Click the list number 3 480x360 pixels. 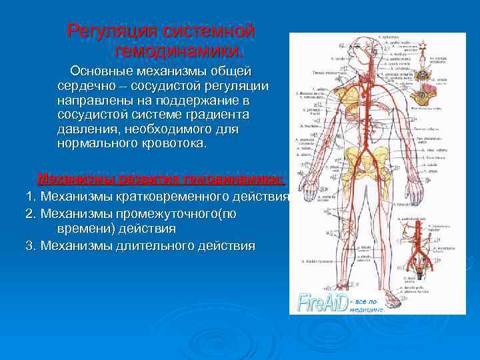click(29, 246)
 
